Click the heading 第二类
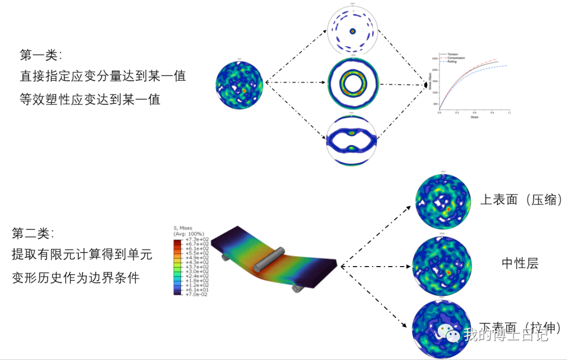pos(33,233)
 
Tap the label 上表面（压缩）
pos(522,200)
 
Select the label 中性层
pos(520,263)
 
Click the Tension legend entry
pos(453,54)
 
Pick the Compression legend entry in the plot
pos(456,58)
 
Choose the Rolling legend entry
pos(452,61)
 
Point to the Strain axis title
pos(474,117)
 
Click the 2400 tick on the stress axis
pos(435,58)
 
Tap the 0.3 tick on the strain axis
pos(457,113)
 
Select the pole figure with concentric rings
pos(353,81)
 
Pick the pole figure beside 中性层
pos(443,264)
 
